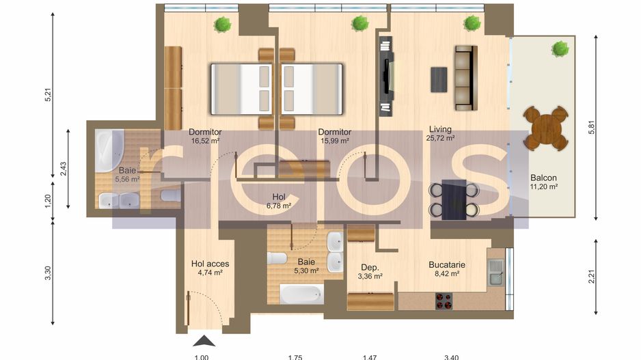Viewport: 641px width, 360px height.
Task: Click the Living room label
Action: tap(440, 129)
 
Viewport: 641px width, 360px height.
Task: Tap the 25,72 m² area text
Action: tap(440, 138)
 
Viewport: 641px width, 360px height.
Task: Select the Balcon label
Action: tap(543, 178)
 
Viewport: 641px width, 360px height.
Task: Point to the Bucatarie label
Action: tap(447, 265)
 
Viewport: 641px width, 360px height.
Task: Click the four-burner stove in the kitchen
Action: tap(444, 301)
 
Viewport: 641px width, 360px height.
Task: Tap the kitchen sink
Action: tap(497, 273)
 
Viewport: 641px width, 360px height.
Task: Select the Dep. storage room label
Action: tap(370, 267)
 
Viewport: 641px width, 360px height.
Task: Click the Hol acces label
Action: tap(210, 264)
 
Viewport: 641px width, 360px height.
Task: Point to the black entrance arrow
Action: tap(204, 341)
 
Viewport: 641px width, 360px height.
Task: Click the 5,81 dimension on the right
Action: tap(592, 128)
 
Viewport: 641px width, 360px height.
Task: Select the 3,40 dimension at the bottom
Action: tap(451, 357)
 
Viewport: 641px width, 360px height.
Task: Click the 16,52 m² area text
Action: tap(205, 141)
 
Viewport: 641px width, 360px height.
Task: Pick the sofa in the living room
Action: tap(466, 78)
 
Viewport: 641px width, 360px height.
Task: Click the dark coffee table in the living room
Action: tap(439, 80)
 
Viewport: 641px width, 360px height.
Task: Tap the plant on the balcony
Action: tap(560, 49)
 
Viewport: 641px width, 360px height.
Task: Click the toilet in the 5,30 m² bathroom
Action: tap(277, 258)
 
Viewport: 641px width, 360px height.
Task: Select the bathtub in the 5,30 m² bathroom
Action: tap(302, 294)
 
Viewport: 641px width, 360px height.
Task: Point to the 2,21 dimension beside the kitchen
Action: tap(592, 277)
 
